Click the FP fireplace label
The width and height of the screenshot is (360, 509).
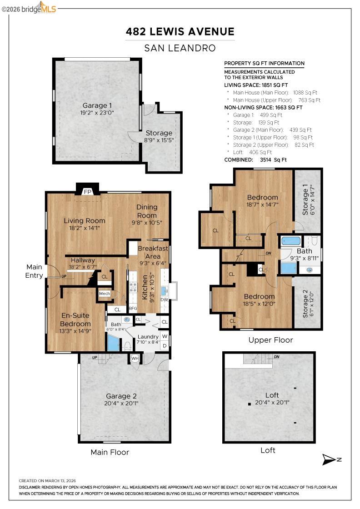coord(87,192)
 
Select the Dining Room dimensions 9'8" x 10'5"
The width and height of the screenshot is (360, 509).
coord(146,223)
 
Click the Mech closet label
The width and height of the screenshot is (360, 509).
coord(105,294)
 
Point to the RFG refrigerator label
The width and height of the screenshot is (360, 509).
coord(133,308)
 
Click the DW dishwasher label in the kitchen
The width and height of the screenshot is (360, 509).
coord(164,300)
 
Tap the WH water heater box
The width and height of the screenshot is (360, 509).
coord(135,359)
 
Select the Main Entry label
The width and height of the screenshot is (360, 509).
coord(34,271)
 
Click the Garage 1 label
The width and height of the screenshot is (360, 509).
coord(97,105)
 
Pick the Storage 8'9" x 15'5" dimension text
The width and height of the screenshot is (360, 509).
coord(159,140)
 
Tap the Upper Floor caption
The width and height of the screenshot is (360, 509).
coord(270,340)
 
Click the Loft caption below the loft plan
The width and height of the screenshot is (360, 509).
coord(268,450)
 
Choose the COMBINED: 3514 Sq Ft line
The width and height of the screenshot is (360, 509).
coord(255,160)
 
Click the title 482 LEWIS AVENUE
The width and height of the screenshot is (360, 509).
coord(180,31)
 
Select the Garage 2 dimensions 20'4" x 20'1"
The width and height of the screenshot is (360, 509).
coord(121,403)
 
